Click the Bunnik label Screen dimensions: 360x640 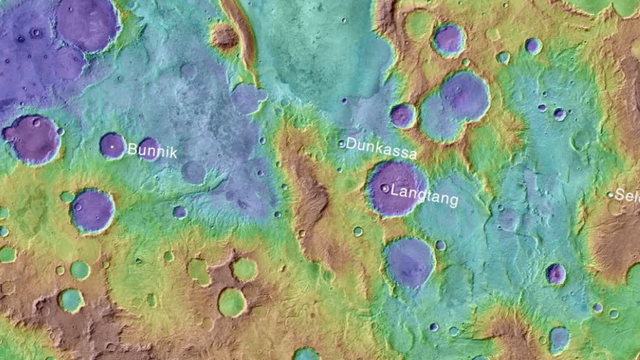tap(152, 151)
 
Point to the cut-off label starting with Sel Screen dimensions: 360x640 tap(627, 195)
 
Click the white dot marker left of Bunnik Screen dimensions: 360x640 tap(112, 147)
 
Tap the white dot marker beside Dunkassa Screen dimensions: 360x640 tap(341, 144)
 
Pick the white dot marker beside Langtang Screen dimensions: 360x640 tap(384, 187)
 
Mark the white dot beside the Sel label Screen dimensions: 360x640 tap(611, 194)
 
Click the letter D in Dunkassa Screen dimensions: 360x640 tap(351, 144)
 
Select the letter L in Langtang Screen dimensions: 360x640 tap(394, 192)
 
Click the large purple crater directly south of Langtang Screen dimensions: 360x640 tap(409, 261)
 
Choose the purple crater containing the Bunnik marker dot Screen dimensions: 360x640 tap(112, 146)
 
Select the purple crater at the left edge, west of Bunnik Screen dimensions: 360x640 tap(32, 139)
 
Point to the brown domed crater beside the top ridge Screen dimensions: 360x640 tap(224, 36)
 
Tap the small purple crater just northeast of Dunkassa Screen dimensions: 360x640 tap(403, 116)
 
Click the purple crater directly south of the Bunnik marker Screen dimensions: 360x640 tap(92, 211)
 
